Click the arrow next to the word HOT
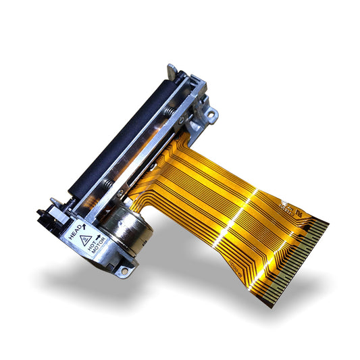tap(98, 236)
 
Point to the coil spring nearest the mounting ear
tap(177, 108)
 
